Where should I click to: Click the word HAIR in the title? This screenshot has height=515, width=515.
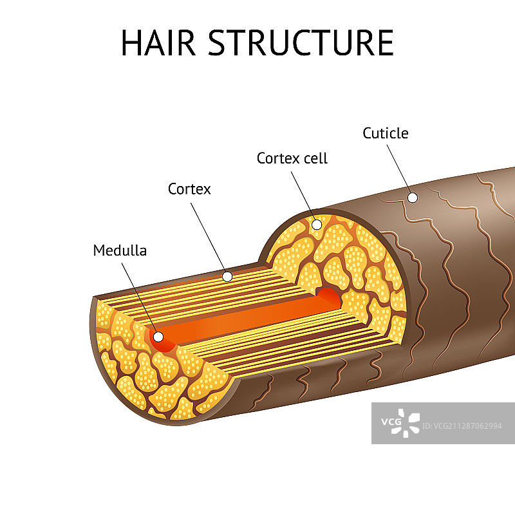point(158,42)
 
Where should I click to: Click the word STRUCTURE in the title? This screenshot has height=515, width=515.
point(301,42)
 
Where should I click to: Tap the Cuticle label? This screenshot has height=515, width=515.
point(385,133)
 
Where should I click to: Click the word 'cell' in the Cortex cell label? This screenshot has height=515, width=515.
point(315,158)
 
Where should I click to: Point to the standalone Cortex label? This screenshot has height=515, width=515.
point(189,189)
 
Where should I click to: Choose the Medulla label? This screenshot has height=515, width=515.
point(120,250)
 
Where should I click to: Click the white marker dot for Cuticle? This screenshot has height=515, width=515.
point(413,198)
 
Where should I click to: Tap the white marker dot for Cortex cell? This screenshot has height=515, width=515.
point(317,225)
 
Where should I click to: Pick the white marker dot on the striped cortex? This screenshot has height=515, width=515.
point(227,277)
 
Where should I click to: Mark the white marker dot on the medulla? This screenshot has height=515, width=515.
point(158,337)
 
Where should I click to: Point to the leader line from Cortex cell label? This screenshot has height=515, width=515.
point(303,196)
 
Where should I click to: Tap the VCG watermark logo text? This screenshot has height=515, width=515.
point(391,422)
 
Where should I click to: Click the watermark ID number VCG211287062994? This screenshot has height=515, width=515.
point(462,426)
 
